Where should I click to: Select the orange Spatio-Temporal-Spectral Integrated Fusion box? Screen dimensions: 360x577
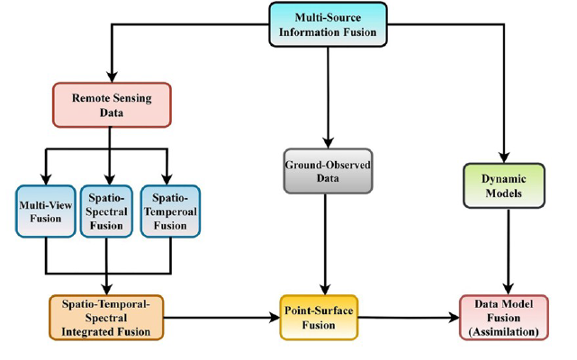pyautogui.click(x=107, y=317)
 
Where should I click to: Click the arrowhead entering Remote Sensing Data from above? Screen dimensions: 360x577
pyautogui.click(x=110, y=76)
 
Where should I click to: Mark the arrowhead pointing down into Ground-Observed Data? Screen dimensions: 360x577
pyautogui.click(x=329, y=141)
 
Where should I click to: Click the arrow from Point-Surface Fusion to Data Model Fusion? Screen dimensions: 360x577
pyautogui.click(x=414, y=318)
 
